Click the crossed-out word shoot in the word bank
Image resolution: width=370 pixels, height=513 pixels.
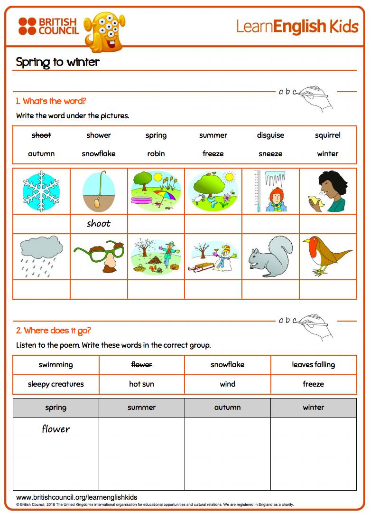point(41,135)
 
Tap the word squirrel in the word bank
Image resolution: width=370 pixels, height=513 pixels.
point(327,135)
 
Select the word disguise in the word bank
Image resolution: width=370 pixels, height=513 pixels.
point(270,135)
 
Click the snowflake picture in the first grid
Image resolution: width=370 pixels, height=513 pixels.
point(41,191)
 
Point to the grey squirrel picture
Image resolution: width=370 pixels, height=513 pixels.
point(270,257)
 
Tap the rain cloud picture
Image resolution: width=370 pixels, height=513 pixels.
point(41,256)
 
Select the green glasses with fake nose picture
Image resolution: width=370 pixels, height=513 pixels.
point(99,257)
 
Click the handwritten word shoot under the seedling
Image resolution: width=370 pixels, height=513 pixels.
point(99,224)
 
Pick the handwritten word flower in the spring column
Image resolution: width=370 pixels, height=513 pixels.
point(56,429)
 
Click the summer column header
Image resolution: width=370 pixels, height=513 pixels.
point(141,408)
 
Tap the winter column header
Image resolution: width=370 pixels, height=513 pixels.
point(313,408)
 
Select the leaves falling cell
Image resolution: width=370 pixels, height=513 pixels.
point(313,365)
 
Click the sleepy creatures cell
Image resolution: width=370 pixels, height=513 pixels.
point(56,384)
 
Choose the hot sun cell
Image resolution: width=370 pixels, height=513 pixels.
point(141,384)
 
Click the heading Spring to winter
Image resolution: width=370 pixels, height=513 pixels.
point(58,62)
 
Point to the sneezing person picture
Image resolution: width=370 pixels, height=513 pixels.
point(327,191)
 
